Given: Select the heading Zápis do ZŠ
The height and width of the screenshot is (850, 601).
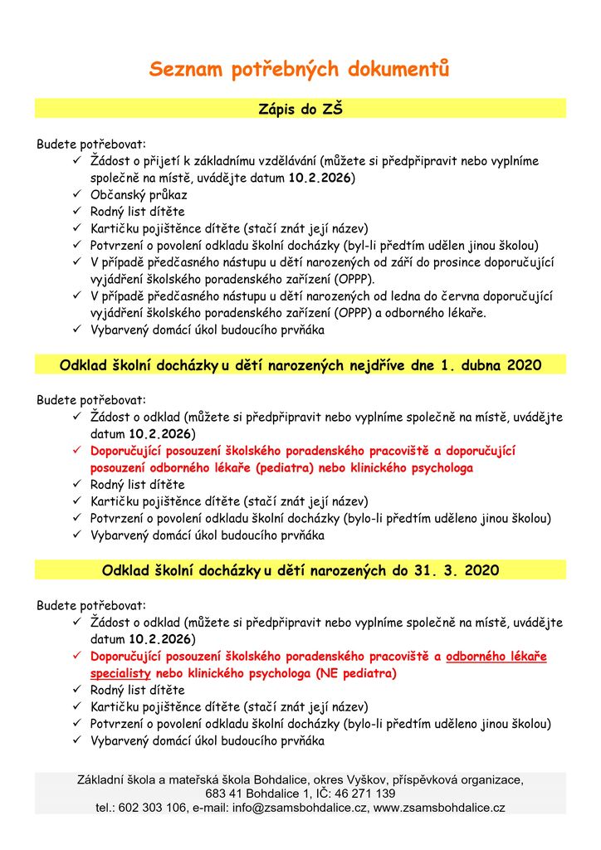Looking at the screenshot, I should click(x=300, y=108).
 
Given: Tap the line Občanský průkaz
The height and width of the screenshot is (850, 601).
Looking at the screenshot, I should click(x=139, y=194).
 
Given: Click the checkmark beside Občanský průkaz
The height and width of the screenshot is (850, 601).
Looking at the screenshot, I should click(x=76, y=194).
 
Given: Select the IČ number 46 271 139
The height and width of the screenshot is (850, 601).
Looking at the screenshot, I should click(x=363, y=794).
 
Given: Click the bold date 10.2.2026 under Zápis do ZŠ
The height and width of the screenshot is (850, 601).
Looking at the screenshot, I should click(x=321, y=178).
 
